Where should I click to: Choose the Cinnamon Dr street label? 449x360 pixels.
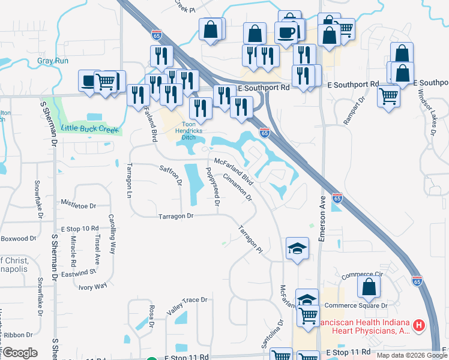tap(237, 187)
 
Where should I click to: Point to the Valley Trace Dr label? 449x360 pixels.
tap(187, 307)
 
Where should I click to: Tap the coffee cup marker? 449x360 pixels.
tap(286, 32)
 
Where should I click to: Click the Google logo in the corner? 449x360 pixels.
tap(20, 352)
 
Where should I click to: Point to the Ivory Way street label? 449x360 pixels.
tap(93, 286)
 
